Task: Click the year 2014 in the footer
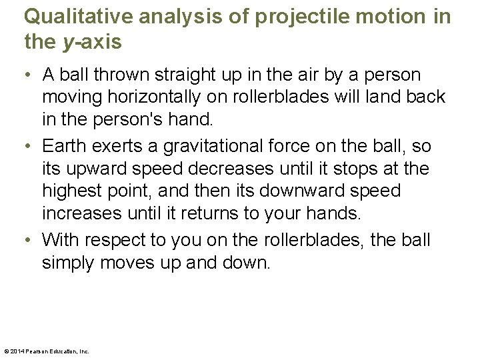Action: click(18, 351)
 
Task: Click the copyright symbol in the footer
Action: click(7, 351)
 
